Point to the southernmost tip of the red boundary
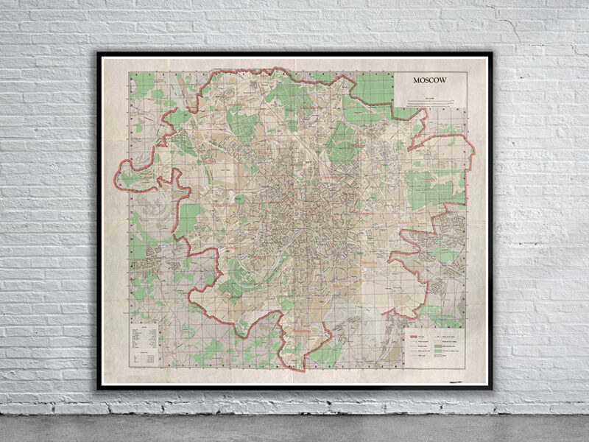click(x=294, y=367)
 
